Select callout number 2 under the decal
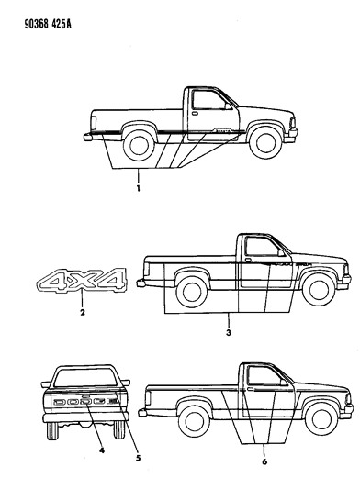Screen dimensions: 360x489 click(82, 314)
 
